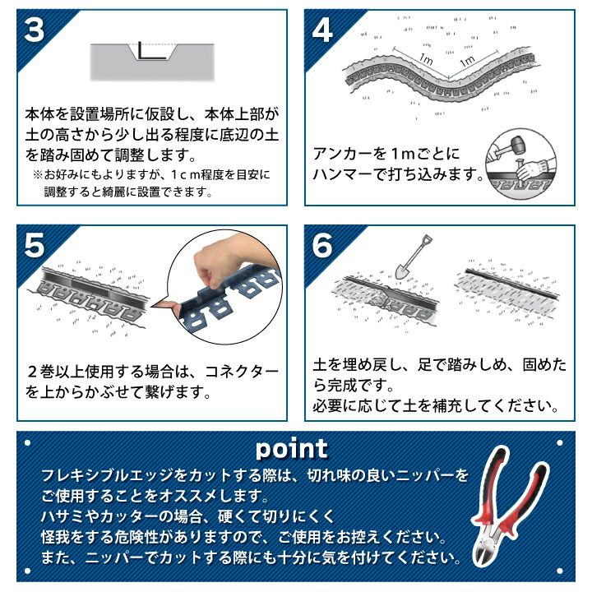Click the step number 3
tap(35, 30)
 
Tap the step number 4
tap(322, 30)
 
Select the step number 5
tap(35, 245)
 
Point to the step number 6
tap(322, 245)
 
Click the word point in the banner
tap(292, 449)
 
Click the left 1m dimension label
tap(426, 58)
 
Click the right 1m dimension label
tap(467, 60)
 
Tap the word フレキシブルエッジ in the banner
tap(108, 475)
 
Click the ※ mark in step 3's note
tap(38, 175)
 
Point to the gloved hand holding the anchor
tap(532, 169)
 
